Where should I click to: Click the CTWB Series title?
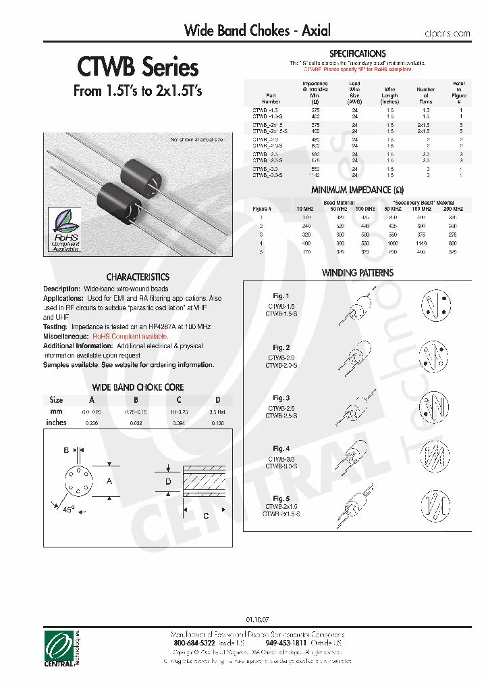pyautogui.click(x=138, y=67)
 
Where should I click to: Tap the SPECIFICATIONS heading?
pyautogui.click(x=358, y=53)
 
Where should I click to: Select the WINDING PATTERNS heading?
pyautogui.click(x=358, y=273)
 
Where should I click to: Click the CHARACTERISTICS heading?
pyautogui.click(x=138, y=277)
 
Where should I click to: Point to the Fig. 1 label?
pyautogui.click(x=281, y=296)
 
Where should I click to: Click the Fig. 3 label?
pyautogui.click(x=281, y=398)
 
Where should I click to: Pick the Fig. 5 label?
pyautogui.click(x=281, y=499)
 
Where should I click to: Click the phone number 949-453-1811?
pyautogui.click(x=286, y=643)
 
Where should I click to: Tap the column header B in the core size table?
pyautogui.click(x=136, y=400)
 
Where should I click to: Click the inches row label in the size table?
pyautogui.click(x=56, y=422)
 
